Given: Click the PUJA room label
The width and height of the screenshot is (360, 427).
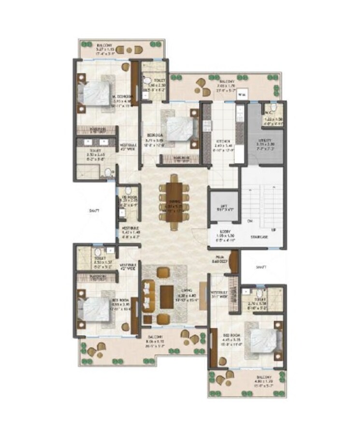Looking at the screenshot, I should (x=220, y=259).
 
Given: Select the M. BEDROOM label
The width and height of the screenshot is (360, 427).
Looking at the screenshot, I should (x=121, y=96).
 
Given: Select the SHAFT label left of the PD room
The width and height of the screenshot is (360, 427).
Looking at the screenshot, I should (x=94, y=210).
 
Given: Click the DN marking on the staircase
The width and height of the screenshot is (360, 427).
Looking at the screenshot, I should (x=250, y=222).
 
